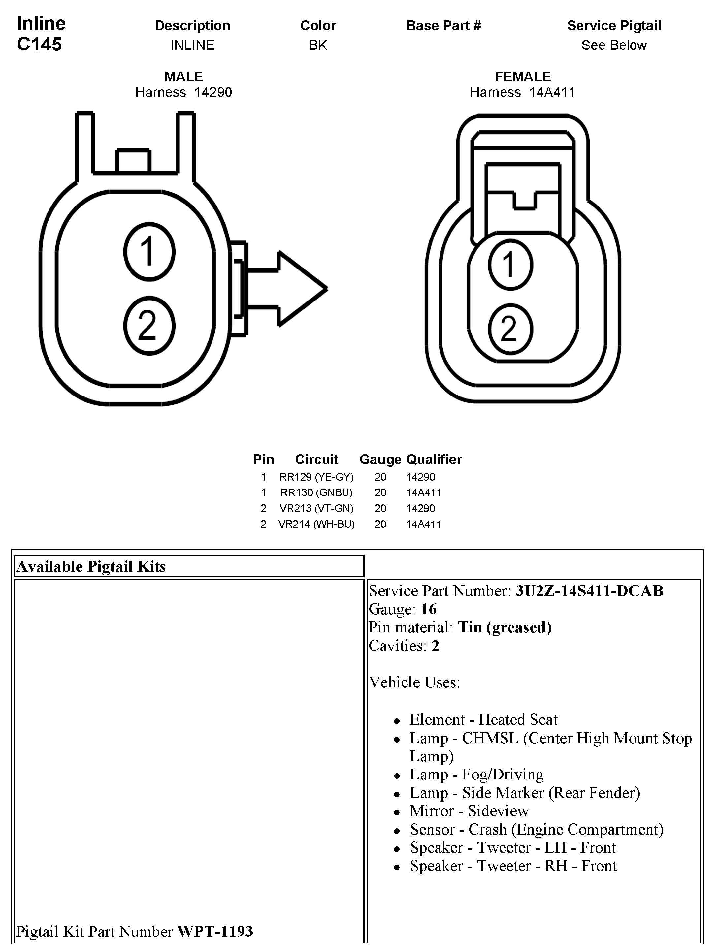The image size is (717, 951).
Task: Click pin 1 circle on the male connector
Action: pyautogui.click(x=149, y=251)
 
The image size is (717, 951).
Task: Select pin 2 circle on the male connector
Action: pyautogui.click(x=149, y=326)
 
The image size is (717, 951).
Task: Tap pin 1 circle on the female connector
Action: pyautogui.click(x=510, y=265)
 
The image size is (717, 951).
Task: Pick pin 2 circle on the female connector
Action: pyautogui.click(x=510, y=329)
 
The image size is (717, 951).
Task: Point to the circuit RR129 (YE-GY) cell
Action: pyautogui.click(x=316, y=477)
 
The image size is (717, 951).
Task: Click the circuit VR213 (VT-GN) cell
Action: pyautogui.click(x=316, y=508)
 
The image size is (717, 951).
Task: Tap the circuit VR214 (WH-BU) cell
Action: pyautogui.click(x=316, y=524)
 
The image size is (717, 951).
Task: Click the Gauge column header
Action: pyautogui.click(x=380, y=459)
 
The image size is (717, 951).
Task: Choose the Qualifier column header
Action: pyautogui.click(x=434, y=459)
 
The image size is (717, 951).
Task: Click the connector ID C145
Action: pyautogui.click(x=40, y=44)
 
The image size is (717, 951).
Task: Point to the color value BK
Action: pyautogui.click(x=318, y=45)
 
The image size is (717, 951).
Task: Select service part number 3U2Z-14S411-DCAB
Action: pyautogui.click(x=589, y=591)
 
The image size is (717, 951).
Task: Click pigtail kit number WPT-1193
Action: pyautogui.click(x=215, y=931)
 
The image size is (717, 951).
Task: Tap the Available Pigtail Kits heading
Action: pyautogui.click(x=91, y=567)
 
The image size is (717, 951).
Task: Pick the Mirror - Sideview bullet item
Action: pyautogui.click(x=469, y=811)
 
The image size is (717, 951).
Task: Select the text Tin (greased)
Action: pyautogui.click(x=505, y=627)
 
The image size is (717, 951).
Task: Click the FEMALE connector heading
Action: pyautogui.click(x=523, y=77)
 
